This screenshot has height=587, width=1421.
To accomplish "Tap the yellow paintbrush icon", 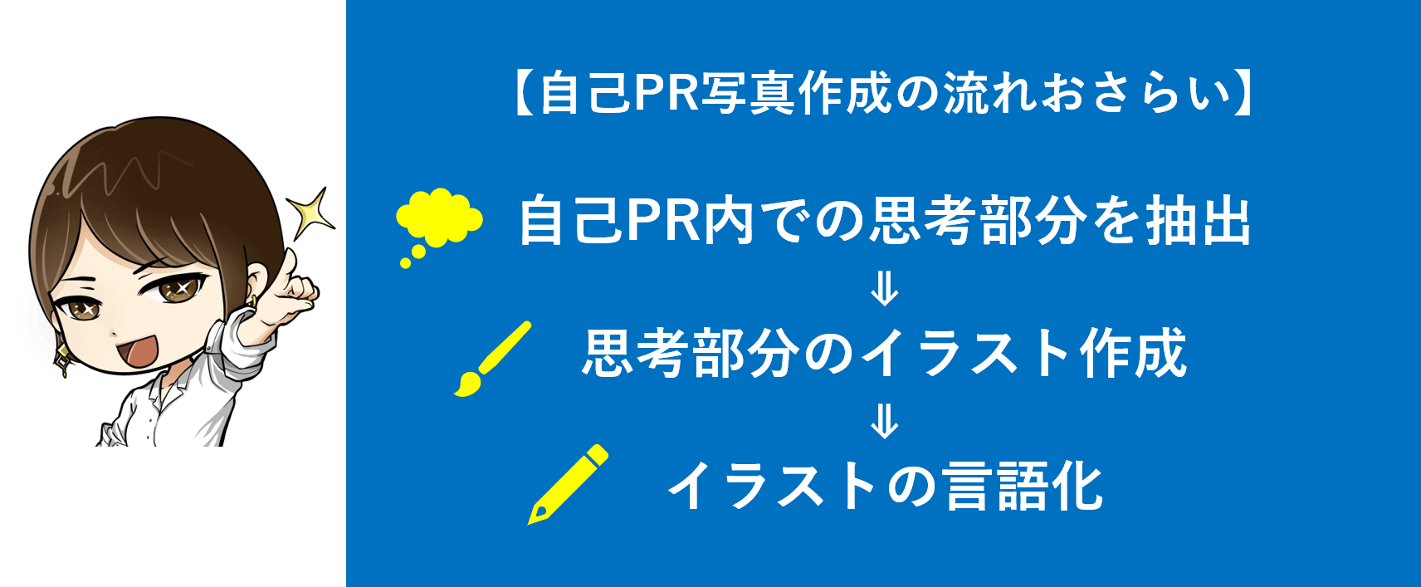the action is [492, 360].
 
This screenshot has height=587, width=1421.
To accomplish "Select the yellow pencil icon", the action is [568, 485].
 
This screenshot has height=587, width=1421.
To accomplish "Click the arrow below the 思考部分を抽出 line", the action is [884, 289].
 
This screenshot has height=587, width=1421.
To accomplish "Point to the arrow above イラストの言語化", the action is [884, 421].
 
